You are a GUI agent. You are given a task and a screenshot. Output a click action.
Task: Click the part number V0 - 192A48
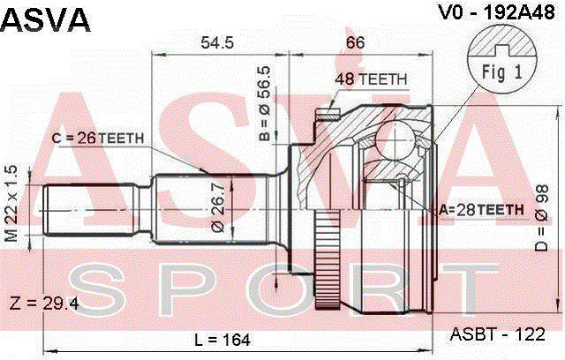[496, 13]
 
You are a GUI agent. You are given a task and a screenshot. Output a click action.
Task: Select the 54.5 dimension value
[217, 43]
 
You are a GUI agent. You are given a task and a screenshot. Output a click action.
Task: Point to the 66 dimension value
[355, 42]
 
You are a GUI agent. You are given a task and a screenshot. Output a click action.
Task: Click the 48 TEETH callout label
[371, 79]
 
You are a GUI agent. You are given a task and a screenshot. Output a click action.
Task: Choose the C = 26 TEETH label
[98, 138]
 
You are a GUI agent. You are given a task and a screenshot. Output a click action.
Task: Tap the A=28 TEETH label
[481, 209]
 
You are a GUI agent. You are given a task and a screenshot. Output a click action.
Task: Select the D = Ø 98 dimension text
[541, 218]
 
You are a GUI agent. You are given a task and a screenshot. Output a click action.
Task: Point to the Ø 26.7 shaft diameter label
[218, 206]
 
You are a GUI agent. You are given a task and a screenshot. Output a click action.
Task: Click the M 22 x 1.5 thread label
[11, 204]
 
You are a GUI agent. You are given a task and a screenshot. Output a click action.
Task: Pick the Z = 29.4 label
[44, 304]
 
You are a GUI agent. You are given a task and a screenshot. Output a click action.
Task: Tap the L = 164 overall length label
[222, 340]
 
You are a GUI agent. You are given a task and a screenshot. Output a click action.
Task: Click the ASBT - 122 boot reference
[497, 334]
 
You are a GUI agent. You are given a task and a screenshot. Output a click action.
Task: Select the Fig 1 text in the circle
[502, 72]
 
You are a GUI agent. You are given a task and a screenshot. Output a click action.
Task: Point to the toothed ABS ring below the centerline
[328, 260]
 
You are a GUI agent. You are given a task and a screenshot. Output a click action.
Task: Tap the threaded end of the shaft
[91, 209]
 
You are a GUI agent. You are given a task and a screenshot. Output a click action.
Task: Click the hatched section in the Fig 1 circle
[502, 42]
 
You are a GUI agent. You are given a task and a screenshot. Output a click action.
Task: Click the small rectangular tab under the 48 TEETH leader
[328, 115]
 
